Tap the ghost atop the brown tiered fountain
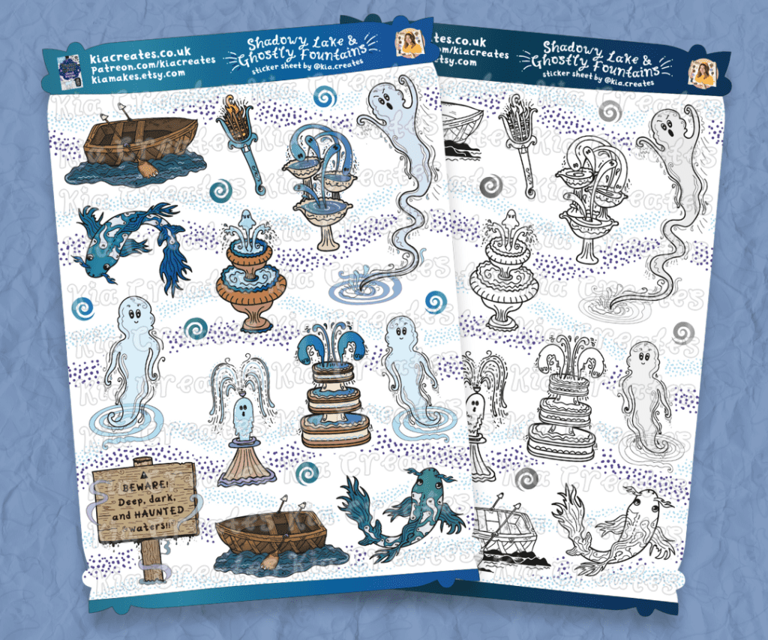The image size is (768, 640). [250, 222]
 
